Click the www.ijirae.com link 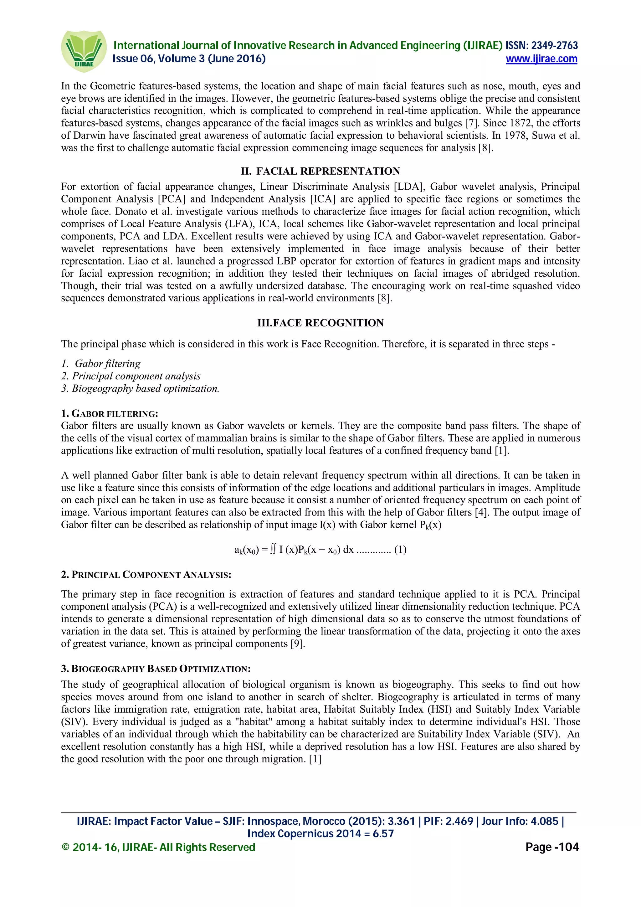click(541, 59)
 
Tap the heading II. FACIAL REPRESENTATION click(320, 171)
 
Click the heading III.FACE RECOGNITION click(320, 323)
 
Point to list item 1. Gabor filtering click(101, 363)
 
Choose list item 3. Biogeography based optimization click(140, 388)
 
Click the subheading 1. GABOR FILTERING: click(110, 414)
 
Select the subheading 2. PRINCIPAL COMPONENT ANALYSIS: click(146, 574)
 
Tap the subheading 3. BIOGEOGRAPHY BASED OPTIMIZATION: click(156, 669)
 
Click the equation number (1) click(400, 550)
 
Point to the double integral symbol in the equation click(273, 550)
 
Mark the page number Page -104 click(552, 847)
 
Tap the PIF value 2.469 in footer click(459, 821)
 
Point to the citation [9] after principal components click(297, 643)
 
